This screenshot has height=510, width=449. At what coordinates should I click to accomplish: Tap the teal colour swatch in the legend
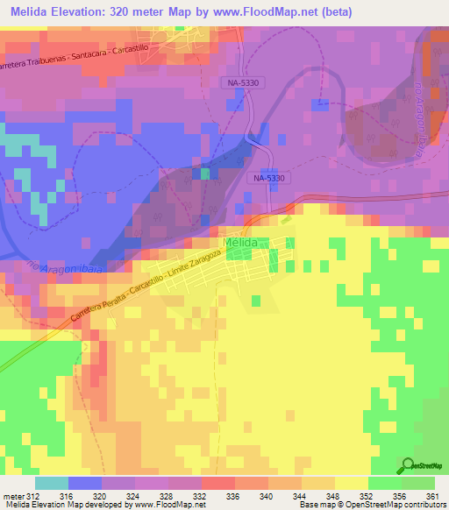pos(52,483)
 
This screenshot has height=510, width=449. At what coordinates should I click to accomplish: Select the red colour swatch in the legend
pos(218,483)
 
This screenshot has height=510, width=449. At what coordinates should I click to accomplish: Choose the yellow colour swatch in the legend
pos(352,483)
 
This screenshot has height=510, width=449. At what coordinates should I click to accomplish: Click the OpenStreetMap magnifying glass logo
pos(408,467)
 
